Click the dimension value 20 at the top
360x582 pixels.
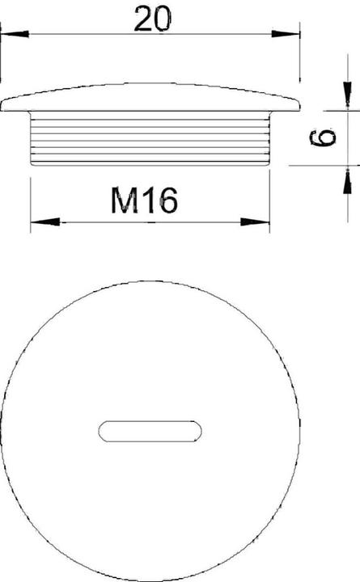coord(153,19)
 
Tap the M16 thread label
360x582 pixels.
coord(144,200)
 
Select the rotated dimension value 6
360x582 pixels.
coord(323,137)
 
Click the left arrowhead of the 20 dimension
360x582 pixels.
coord(15,34)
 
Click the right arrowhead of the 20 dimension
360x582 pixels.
coord(286,34)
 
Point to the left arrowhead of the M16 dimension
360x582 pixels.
coord(45,222)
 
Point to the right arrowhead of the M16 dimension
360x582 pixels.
coord(255,222)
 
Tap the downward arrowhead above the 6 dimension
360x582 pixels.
coord(347,95)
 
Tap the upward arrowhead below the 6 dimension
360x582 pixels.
coord(347,179)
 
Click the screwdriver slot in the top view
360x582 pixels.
coord(150,432)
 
